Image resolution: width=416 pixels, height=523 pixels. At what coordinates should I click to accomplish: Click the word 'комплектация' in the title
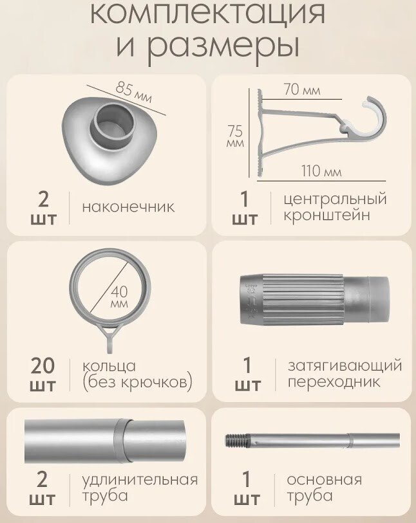[x=207, y=14]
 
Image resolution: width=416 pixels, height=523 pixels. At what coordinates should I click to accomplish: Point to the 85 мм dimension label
[x=134, y=92]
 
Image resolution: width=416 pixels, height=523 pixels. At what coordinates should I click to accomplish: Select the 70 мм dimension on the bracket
[x=302, y=89]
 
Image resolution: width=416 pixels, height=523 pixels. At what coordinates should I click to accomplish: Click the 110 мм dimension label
[x=321, y=171]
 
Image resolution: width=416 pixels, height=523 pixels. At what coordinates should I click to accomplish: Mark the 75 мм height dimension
[x=236, y=136]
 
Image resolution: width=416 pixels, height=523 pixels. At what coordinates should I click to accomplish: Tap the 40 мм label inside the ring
[x=120, y=297]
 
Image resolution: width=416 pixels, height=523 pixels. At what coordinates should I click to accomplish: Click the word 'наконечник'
[x=128, y=206]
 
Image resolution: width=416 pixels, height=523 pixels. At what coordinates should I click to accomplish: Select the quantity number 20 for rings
[x=43, y=365]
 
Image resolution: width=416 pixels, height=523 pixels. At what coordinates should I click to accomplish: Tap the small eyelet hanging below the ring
[x=111, y=339]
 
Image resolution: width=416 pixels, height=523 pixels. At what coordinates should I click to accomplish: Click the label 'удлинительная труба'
[x=140, y=488]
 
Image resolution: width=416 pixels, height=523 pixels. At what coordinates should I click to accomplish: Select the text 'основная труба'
[x=324, y=488]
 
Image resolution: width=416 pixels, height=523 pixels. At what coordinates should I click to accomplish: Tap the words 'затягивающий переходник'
[x=345, y=373]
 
